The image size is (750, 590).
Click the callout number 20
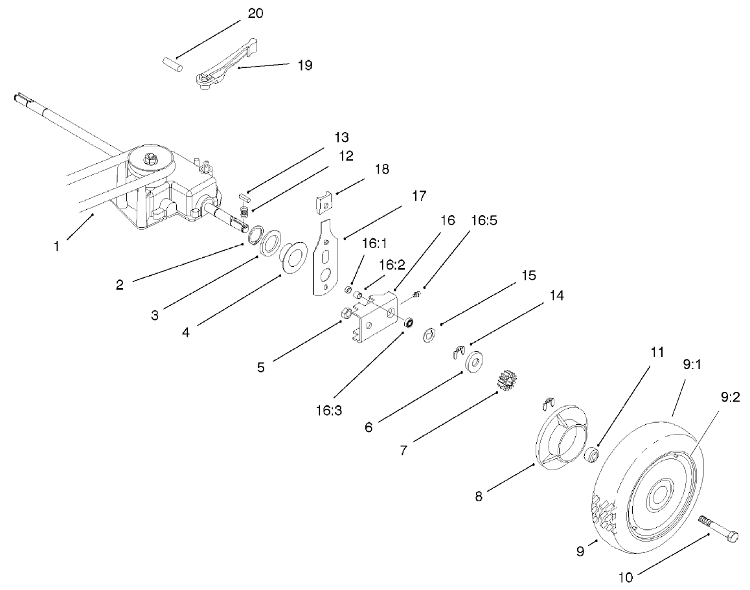coord(255,14)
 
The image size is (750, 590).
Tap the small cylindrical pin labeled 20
coord(173,63)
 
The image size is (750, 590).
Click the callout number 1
coord(57,247)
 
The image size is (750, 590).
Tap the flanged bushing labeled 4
coord(293,254)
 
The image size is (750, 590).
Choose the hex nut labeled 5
coord(346,315)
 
